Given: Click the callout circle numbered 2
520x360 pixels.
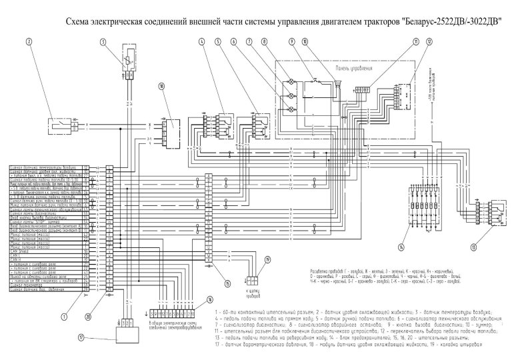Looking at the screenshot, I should coord(30,41).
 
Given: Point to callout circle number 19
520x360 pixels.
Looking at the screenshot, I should coord(268,259).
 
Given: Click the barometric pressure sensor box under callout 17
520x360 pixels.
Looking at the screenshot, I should coord(123,333).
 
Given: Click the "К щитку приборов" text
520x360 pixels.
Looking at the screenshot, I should coord(253,293).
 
